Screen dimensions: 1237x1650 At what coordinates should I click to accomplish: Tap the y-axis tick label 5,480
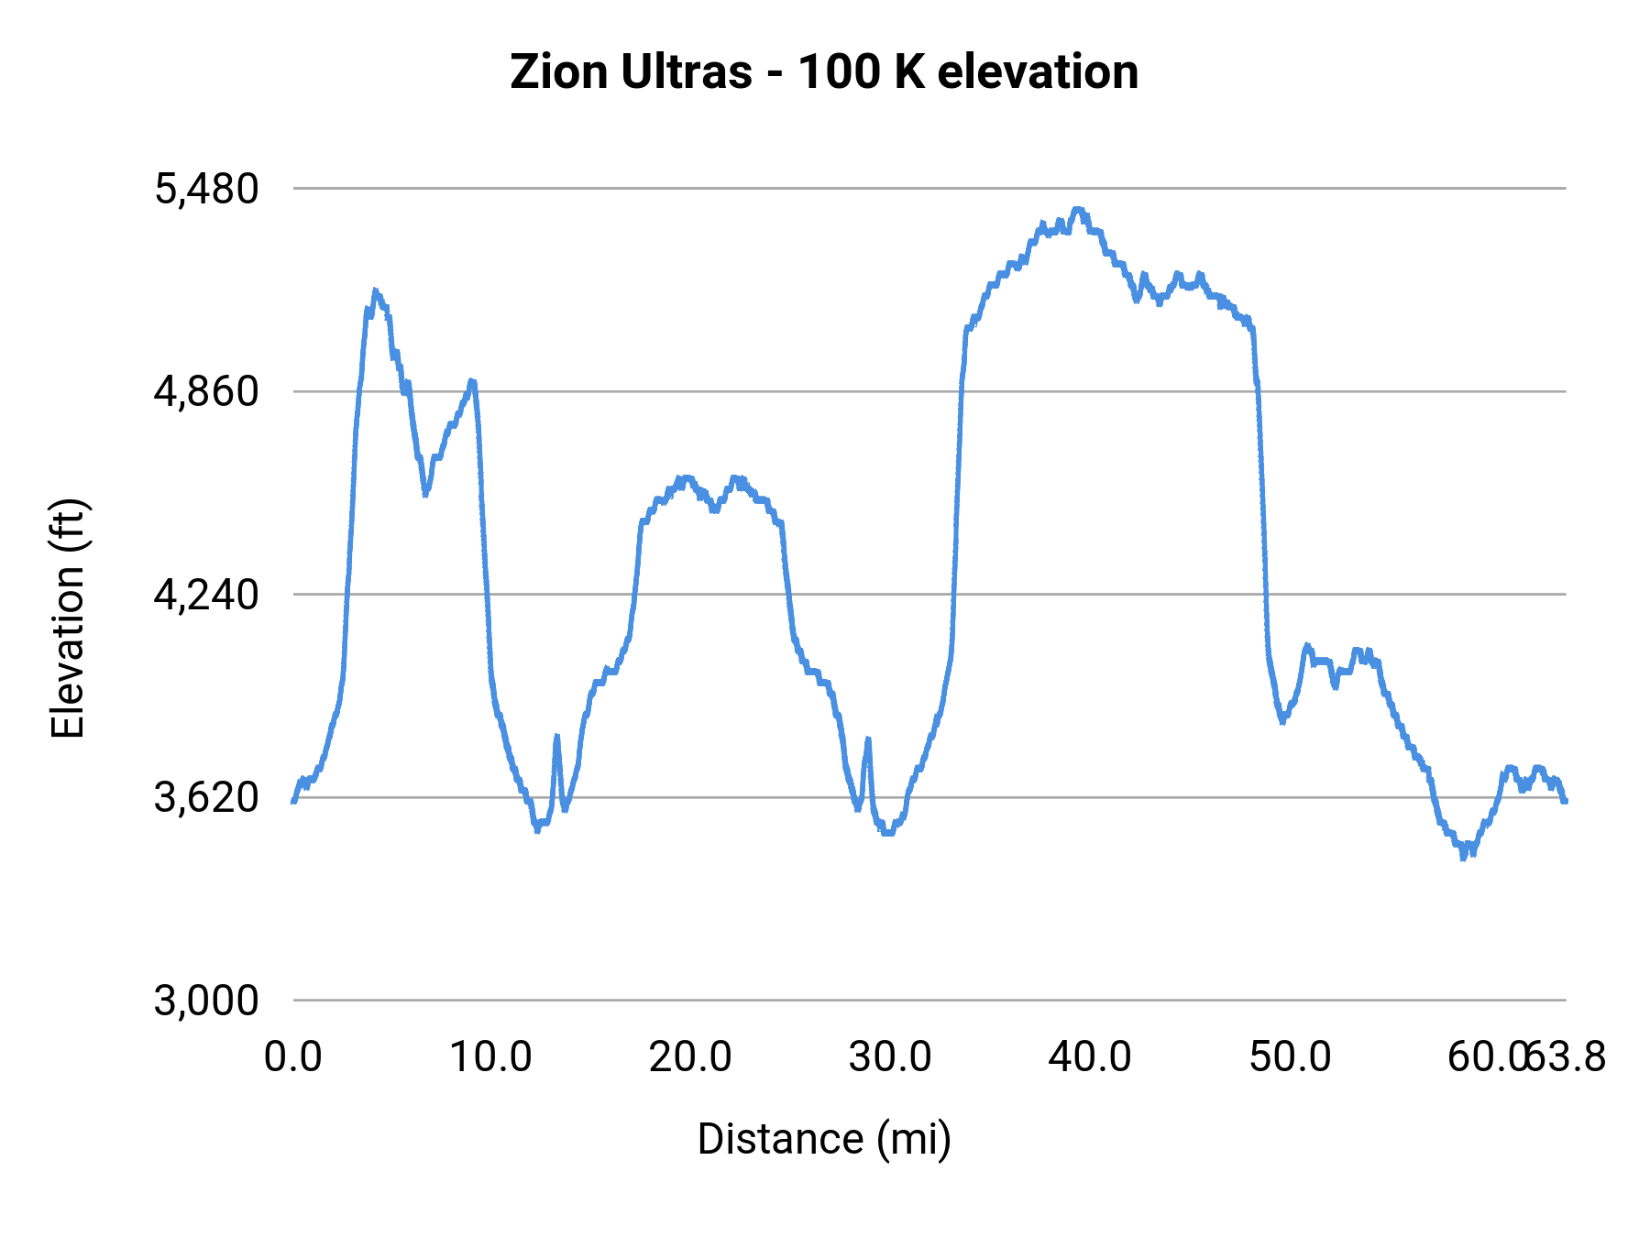point(207,190)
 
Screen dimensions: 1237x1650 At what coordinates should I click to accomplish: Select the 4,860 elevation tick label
point(207,392)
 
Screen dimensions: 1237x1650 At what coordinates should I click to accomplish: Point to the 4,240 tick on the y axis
point(207,595)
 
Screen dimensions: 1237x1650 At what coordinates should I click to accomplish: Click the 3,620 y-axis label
point(207,798)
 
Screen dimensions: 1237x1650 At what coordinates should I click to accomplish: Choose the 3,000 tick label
point(207,1001)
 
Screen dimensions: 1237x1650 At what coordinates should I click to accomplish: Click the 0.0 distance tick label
point(293,1057)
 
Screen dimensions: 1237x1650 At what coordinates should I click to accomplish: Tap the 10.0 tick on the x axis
point(491,1057)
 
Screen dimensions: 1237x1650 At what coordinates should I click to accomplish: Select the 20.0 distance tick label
point(690,1057)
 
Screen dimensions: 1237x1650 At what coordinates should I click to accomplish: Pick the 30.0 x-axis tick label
point(890,1057)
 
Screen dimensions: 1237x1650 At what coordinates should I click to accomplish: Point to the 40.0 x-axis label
point(1090,1057)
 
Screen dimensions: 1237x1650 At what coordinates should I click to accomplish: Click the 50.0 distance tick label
point(1290,1057)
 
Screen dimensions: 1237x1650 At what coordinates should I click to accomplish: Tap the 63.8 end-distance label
point(1567,1057)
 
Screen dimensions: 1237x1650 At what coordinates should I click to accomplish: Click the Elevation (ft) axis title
point(68,618)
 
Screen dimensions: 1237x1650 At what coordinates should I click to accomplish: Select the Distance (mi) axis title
point(824,1140)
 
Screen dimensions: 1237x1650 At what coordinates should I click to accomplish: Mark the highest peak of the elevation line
point(1078,210)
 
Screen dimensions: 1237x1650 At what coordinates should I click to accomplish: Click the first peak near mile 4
point(375,291)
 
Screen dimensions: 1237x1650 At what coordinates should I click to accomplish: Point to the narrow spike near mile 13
point(556,737)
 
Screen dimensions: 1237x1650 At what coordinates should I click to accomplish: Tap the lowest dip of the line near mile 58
point(1463,857)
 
